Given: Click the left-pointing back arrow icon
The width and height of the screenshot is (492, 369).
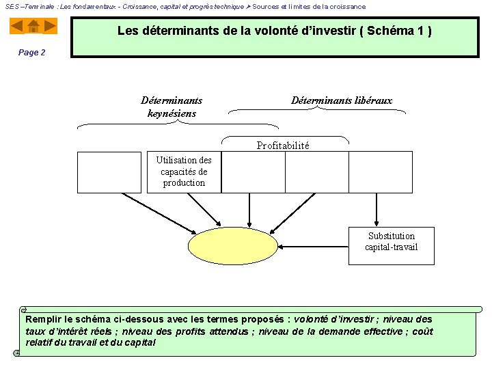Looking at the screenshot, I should pos(17,26).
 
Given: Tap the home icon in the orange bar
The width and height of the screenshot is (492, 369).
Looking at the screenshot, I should pos(33,27).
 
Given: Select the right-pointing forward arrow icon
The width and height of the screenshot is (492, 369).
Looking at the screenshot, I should pos(49,26).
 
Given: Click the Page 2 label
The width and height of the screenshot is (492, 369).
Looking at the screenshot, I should pos(32,53).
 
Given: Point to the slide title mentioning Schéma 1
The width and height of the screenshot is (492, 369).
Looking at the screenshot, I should pos(274,31).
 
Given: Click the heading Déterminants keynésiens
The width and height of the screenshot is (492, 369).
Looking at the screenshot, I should pos(172,107).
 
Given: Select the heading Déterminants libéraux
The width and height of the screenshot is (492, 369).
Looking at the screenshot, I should pos(342,100).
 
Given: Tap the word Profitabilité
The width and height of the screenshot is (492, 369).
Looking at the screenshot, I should pos(283,146).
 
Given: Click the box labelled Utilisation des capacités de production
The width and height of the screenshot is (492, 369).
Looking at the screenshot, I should pos(184,172).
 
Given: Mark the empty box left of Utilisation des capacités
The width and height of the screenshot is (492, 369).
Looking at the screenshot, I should pos(109,172).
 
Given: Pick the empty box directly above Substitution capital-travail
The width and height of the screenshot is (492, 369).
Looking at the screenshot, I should pos(381,172).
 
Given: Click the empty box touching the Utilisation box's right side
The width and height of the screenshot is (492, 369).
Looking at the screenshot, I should pos(254,172).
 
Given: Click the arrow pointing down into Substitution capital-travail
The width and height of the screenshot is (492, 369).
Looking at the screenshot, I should pos(376,209).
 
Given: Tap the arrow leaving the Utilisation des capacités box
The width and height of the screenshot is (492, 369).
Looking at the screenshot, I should pos(203,209).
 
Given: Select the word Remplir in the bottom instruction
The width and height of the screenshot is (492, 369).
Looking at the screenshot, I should pos(43,319).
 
